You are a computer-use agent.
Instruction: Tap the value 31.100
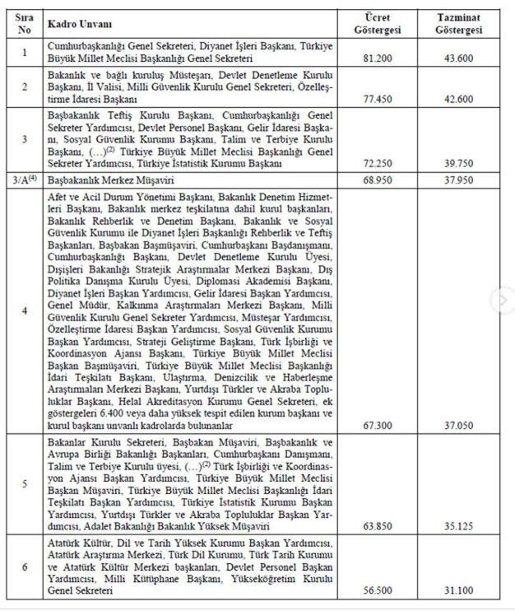click(458, 590)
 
